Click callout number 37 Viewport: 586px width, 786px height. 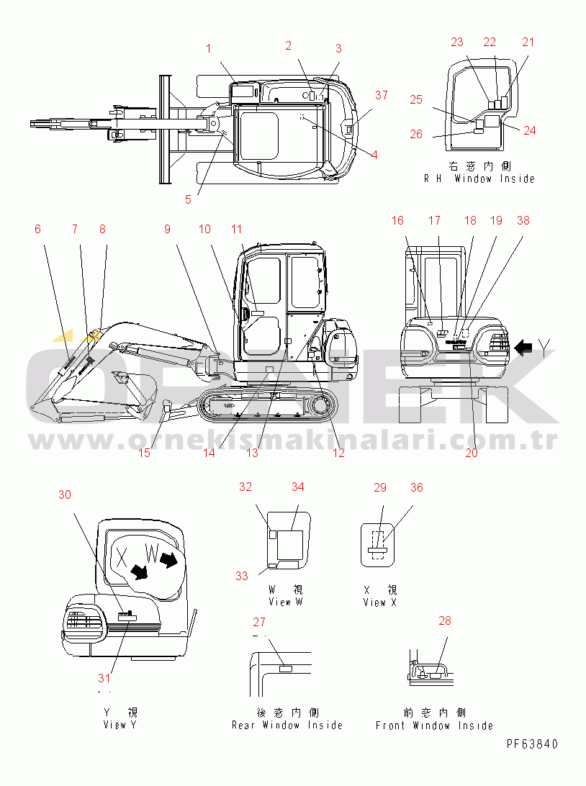click(x=381, y=96)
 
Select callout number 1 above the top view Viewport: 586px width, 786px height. click(x=209, y=49)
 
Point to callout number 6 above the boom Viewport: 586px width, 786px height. click(x=37, y=229)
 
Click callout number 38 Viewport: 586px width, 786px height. click(x=523, y=221)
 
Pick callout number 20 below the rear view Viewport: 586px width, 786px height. click(x=472, y=453)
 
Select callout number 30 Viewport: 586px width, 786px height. click(x=65, y=494)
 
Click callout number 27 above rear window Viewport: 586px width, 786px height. click(x=259, y=622)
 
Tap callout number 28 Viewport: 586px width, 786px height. click(x=445, y=620)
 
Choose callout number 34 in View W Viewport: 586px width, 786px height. click(x=297, y=487)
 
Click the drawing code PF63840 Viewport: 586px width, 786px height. click(x=531, y=744)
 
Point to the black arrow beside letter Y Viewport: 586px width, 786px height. click(x=524, y=349)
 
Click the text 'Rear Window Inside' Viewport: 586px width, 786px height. click(x=287, y=726)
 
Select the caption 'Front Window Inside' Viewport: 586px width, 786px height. click(x=434, y=726)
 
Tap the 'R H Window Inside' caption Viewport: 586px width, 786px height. click(x=479, y=179)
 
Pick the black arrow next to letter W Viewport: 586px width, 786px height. click(x=171, y=559)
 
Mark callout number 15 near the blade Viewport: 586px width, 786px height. click(x=144, y=453)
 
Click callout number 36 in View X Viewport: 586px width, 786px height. click(x=416, y=488)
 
